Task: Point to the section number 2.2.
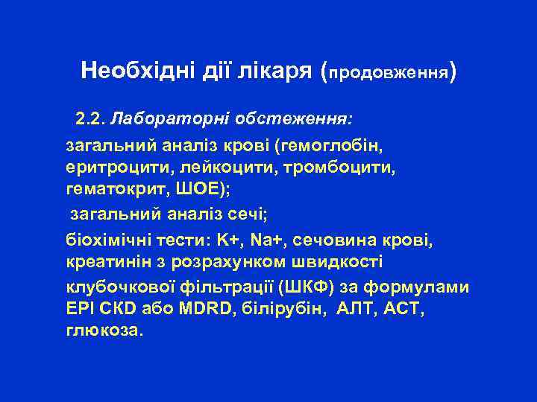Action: pos(91,118)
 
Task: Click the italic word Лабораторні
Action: pos(170,118)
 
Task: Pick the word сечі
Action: pos(248,215)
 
